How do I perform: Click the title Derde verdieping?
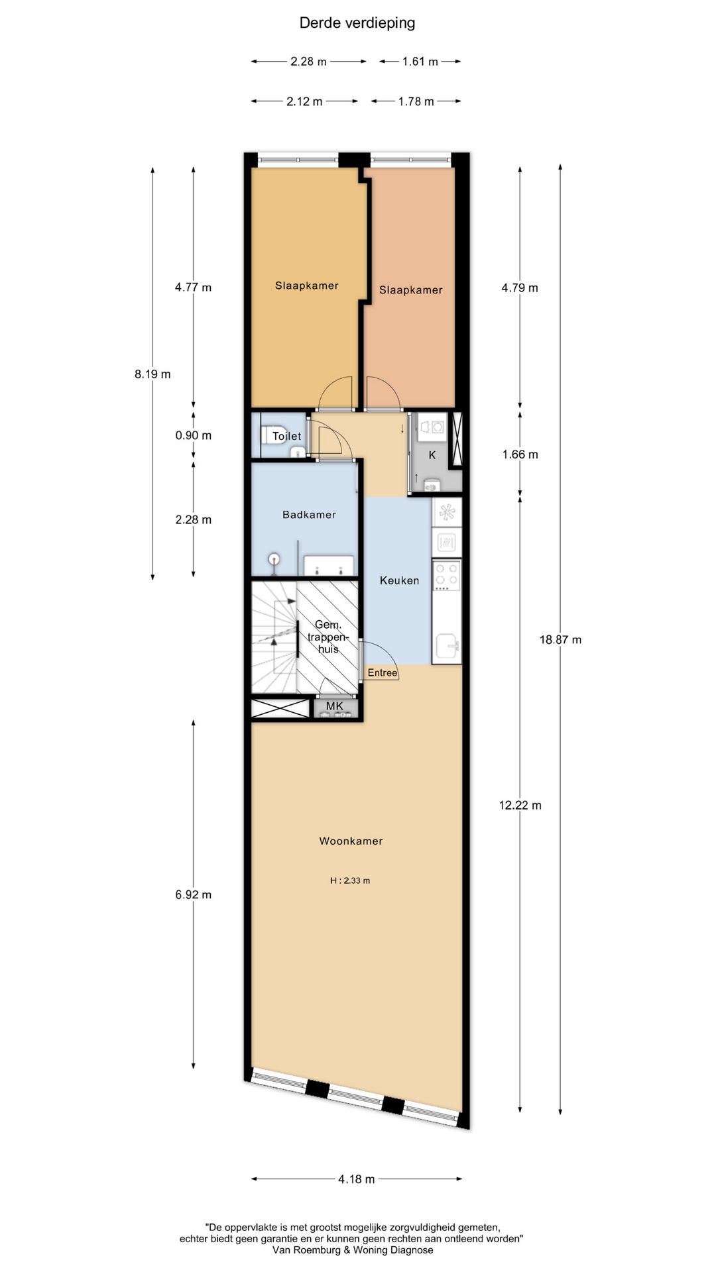click(357, 23)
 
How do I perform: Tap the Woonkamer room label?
click(351, 841)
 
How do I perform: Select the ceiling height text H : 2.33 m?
click(350, 880)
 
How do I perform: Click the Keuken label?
click(399, 580)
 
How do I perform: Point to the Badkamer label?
click(309, 514)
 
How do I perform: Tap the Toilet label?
click(287, 436)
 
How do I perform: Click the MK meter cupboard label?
click(335, 706)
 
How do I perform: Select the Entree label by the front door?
click(383, 673)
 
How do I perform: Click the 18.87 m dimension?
click(560, 639)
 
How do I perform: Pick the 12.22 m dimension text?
click(520, 805)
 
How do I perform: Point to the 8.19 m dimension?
click(152, 374)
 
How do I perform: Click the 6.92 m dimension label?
click(194, 894)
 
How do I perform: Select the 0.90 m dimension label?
click(194, 435)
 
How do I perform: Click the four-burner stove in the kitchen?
click(446, 576)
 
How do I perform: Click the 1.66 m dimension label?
click(520, 454)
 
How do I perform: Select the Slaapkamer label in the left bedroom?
click(307, 286)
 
